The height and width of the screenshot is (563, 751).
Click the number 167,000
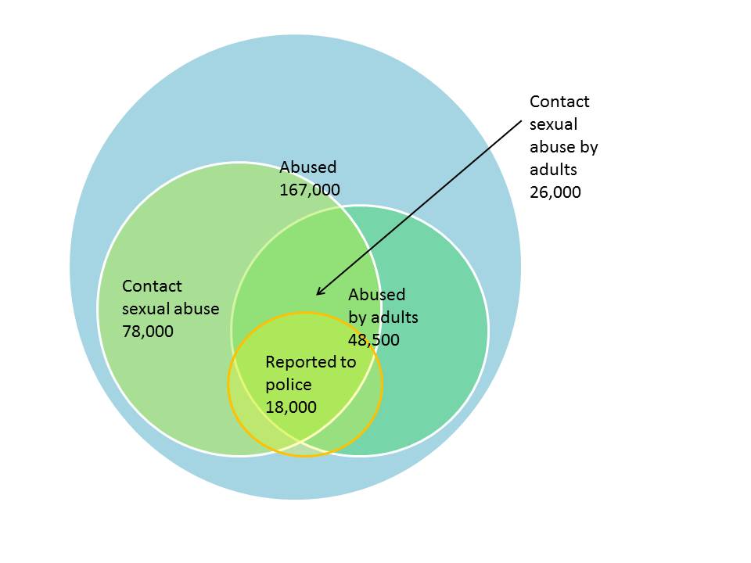pos(310,189)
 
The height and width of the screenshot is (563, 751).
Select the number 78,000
pos(148,331)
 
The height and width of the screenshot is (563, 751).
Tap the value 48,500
pos(374,339)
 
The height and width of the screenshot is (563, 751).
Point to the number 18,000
pos(291,407)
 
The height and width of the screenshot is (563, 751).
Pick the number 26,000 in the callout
pos(555,192)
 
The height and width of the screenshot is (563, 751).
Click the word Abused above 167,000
pos(308,167)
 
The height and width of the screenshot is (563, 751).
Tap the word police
pos(289,385)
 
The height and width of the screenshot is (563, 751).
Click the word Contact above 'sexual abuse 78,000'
pos(152,286)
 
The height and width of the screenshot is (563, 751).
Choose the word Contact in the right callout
pos(559,102)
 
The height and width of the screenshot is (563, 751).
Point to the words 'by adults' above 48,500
pos(383,317)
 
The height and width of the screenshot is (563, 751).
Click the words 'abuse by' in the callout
pos(563,146)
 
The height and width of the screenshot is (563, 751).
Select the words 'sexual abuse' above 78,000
pos(171,308)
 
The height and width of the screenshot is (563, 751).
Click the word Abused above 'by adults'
pos(377,295)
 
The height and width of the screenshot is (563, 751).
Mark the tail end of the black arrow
pos(520,120)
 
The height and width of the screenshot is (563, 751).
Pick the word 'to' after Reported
pos(348,362)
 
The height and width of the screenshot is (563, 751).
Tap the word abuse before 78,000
pos(199,308)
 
